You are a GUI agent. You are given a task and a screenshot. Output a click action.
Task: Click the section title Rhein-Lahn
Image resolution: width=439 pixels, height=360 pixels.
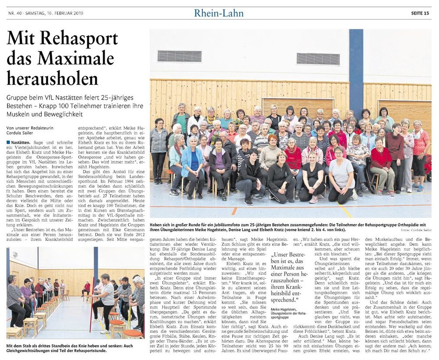click(219, 13)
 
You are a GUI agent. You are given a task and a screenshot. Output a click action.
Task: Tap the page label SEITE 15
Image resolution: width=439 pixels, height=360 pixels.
click(420, 13)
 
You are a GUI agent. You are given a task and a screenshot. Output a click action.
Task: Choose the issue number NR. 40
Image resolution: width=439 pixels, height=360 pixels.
click(16, 14)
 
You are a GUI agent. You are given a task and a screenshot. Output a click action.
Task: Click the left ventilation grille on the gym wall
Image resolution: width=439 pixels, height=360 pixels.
click(179, 56)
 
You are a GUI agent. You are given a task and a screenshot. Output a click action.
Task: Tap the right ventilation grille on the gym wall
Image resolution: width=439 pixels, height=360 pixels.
click(318, 59)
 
